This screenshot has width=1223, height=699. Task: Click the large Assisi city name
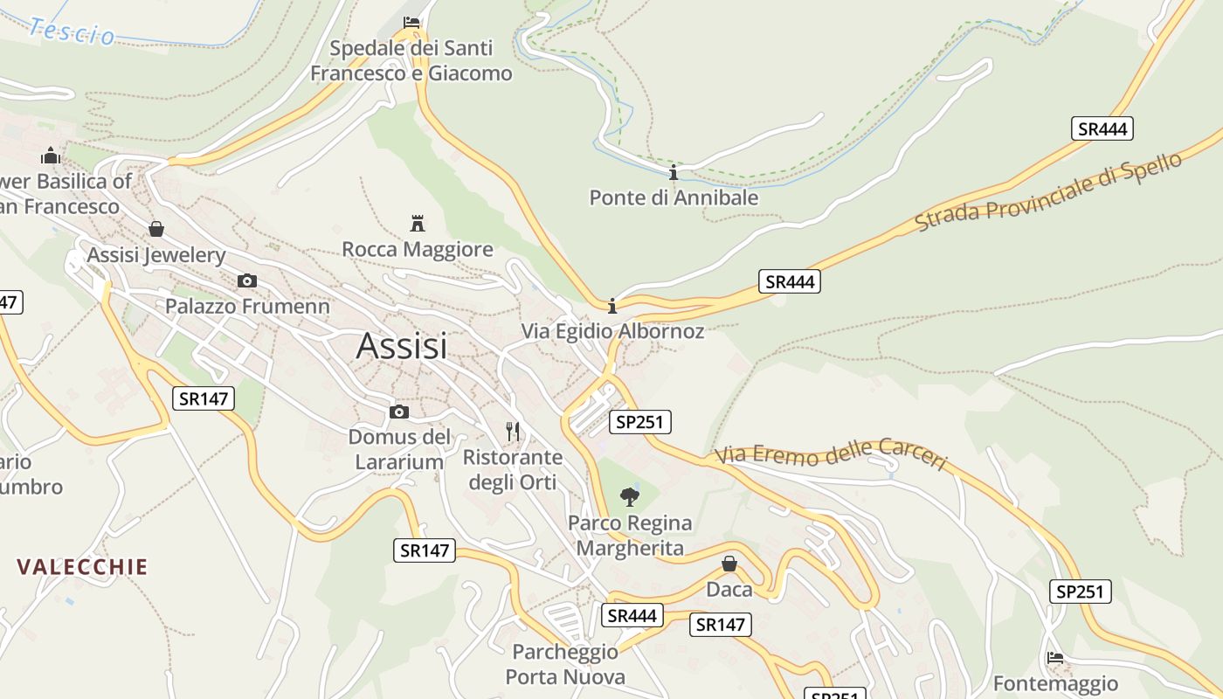(x=402, y=347)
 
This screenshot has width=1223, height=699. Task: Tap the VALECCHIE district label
(x=82, y=566)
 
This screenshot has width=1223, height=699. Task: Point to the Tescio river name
(x=72, y=31)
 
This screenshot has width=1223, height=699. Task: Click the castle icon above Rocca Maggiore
(x=418, y=223)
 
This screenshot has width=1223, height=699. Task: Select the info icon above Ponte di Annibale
(x=674, y=172)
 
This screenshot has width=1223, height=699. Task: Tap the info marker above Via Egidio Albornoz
(x=612, y=306)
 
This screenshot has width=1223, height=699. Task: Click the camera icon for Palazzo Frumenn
(x=247, y=280)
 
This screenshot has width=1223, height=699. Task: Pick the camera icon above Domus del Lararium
(x=399, y=412)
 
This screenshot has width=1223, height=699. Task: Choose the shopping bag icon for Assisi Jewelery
(x=156, y=229)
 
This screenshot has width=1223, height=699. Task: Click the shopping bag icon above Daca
(x=729, y=564)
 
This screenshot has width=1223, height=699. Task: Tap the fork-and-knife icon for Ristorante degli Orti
(x=513, y=432)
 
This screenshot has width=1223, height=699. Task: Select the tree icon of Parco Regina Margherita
(x=629, y=497)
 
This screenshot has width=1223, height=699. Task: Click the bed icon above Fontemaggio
(x=1055, y=657)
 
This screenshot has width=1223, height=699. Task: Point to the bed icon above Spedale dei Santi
(x=411, y=22)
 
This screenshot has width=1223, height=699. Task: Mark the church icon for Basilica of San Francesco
(x=51, y=156)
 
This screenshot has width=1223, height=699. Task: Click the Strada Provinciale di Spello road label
(x=1048, y=192)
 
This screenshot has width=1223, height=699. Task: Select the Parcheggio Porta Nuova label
(x=565, y=664)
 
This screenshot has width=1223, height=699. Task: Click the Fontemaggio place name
(x=1055, y=683)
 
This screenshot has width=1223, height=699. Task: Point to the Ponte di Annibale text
(x=674, y=197)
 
